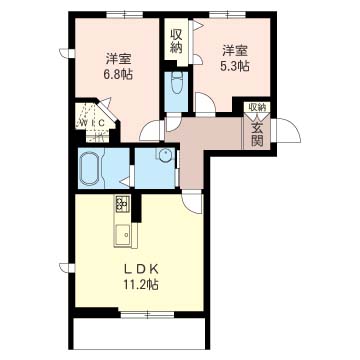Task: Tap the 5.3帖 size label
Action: click(x=234, y=67)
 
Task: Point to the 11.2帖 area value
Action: click(x=141, y=285)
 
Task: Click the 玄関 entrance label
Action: click(x=257, y=135)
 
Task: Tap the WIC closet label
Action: click(x=93, y=123)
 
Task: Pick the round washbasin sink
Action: click(x=165, y=155)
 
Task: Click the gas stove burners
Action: click(x=122, y=203)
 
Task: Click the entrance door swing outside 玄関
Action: click(x=288, y=131)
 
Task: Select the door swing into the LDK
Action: click(x=192, y=202)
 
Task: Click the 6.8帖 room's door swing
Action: click(x=151, y=130)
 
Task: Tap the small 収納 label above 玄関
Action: click(x=257, y=107)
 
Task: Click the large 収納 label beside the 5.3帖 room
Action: click(x=176, y=42)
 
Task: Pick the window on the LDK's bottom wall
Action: click(x=148, y=314)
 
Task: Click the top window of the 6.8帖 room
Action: click(x=125, y=14)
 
